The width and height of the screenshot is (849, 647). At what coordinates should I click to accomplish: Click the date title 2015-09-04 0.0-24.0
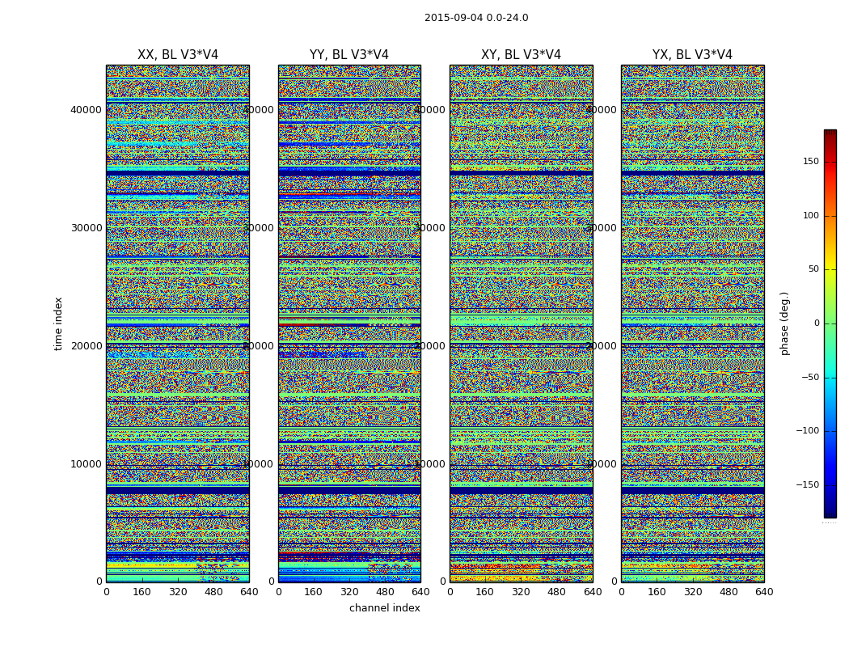(x=476, y=18)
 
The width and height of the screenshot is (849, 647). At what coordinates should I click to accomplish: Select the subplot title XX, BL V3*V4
(x=178, y=55)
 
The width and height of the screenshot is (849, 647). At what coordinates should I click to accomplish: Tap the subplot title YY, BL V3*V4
(x=349, y=55)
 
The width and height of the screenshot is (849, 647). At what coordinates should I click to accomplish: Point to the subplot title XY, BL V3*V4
(x=521, y=55)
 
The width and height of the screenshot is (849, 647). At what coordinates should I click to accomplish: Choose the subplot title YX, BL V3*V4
(x=692, y=55)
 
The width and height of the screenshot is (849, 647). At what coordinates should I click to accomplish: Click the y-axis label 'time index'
(x=58, y=323)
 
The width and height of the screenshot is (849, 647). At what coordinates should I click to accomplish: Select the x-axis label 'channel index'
(x=385, y=608)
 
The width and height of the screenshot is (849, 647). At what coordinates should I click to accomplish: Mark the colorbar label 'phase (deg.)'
(x=784, y=323)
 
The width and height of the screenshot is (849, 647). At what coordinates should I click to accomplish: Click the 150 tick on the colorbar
(x=811, y=162)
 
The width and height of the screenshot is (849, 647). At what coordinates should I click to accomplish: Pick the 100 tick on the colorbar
(x=811, y=216)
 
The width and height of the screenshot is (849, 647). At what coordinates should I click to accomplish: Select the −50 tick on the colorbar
(x=809, y=378)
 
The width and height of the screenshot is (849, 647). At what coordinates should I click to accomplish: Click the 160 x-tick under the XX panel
(x=142, y=592)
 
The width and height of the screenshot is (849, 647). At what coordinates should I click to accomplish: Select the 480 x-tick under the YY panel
(x=385, y=592)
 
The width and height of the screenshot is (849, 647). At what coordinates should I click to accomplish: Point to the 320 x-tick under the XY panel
(x=521, y=592)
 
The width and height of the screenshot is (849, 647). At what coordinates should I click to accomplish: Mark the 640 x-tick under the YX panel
(x=764, y=592)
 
